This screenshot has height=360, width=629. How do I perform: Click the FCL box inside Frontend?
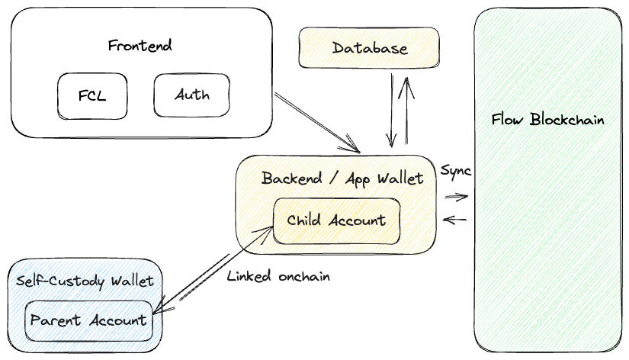(92, 96)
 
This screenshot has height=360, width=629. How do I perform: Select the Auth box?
(192, 95)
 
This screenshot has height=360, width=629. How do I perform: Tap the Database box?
(370, 48)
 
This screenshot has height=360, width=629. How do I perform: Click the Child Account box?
(336, 220)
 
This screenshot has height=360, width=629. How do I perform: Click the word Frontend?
(140, 45)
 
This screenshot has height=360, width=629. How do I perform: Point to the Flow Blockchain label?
(547, 120)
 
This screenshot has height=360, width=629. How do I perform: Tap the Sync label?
(456, 170)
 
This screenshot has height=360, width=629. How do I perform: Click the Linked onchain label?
(278, 276)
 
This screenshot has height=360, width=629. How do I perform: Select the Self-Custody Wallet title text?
(85, 281)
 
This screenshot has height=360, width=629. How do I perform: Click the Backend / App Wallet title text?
(342, 178)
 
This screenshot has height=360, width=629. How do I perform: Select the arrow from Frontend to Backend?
(316, 122)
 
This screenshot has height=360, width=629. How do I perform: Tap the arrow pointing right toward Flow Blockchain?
(456, 197)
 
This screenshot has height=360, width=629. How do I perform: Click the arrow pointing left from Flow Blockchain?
(455, 220)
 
